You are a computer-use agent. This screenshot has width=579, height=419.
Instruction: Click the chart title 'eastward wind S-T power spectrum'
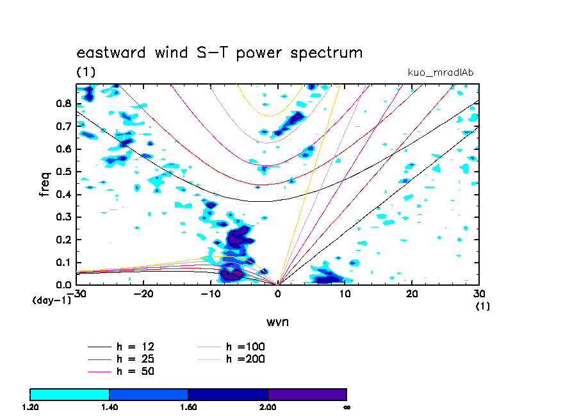coord(220,53)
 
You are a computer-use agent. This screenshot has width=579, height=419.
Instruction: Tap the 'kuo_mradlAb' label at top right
coord(441,72)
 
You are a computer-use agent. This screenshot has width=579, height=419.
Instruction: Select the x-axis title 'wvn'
coord(277,322)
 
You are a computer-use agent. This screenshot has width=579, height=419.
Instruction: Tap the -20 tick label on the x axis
coord(142,293)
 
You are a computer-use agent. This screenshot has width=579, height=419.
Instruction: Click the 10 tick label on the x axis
coord(345,293)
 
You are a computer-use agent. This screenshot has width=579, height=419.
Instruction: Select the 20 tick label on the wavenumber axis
coord(412,293)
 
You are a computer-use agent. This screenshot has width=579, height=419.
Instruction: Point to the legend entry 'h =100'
coord(245,347)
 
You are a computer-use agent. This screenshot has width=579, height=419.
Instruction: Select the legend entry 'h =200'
coord(245,359)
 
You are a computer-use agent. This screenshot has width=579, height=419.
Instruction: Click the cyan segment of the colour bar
coord(70,394)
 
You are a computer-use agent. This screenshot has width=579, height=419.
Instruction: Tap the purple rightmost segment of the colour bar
coord(307,394)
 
